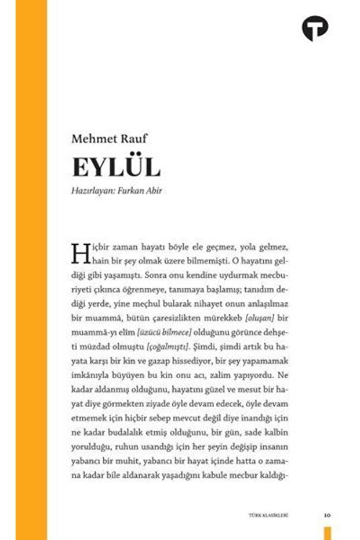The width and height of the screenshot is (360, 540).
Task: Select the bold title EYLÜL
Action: [116, 167]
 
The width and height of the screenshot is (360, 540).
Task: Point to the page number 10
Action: [328, 514]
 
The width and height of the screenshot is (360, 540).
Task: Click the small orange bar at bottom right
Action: [328, 532]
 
